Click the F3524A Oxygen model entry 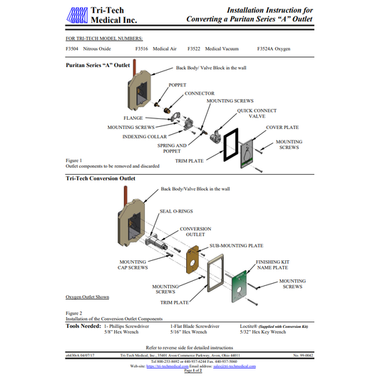click(x=274, y=50)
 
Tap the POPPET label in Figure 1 click(x=177, y=85)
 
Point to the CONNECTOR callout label click(x=199, y=93)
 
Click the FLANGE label click(x=133, y=118)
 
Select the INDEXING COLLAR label click(x=145, y=136)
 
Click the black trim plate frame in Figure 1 click(x=230, y=147)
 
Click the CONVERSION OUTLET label click(x=195, y=232)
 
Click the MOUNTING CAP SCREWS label click(x=133, y=265)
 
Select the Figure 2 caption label click(x=74, y=313)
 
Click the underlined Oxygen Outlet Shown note click(x=88, y=297)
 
